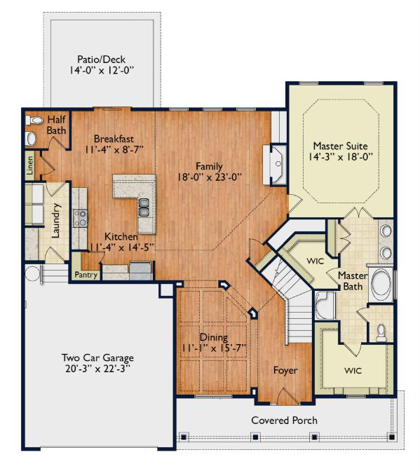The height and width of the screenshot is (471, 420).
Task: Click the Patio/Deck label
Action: coord(101,59)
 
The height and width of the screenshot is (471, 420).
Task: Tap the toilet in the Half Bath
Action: coord(34,121)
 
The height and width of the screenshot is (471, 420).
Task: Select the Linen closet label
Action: coord(29,165)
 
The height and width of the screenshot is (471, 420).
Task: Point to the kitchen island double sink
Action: coord(144,207)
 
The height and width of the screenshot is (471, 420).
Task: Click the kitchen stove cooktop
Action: coord(80,219)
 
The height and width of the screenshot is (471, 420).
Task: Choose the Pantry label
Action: coord(86,275)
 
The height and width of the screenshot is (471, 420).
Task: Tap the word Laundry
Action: coord(56,221)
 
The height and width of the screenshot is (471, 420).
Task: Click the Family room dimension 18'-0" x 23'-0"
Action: coord(210,177)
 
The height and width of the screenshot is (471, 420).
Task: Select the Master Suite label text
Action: coord(340,146)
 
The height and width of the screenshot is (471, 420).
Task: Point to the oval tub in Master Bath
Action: coord(381,284)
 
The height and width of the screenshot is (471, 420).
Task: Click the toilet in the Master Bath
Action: coord(381,333)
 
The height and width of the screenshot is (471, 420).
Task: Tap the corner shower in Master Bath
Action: coord(325,306)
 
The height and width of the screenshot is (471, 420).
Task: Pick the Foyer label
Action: coord(285,370)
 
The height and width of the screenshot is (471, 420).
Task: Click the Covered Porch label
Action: coord(284,421)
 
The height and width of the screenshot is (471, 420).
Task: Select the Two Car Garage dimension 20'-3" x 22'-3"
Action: coord(97,369)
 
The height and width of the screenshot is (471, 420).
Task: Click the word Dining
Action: coord(214,338)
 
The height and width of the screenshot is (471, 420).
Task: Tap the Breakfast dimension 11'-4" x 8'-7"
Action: coord(114,149)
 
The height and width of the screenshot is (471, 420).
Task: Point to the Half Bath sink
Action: coord(32,139)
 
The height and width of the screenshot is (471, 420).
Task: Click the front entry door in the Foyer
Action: coord(287,397)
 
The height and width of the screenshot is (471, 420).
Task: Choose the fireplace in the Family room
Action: coord(275,164)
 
